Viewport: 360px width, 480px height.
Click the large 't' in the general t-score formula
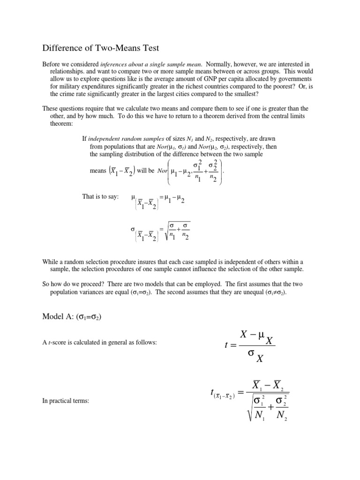[x=227, y=346]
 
